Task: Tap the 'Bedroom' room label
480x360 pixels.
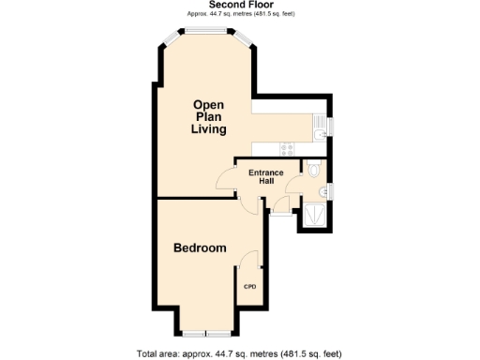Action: point(200,248)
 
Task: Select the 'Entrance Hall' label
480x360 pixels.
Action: point(265,176)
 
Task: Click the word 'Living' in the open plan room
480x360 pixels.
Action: point(210,129)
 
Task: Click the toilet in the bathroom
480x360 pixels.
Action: point(314,170)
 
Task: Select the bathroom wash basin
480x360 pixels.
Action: point(322,192)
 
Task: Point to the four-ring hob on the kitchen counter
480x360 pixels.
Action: point(286,147)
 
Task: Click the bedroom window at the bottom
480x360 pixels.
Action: point(206,333)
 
